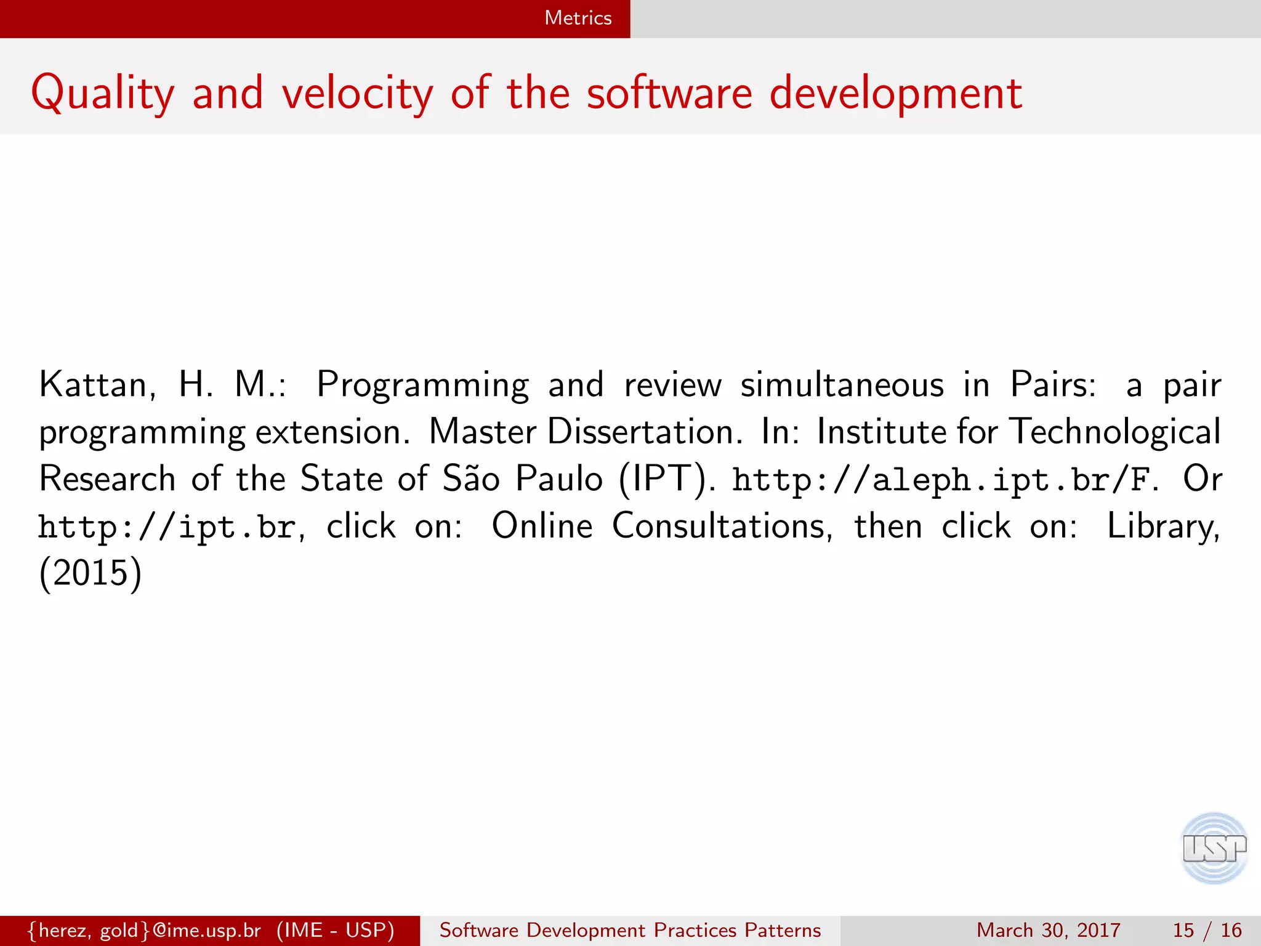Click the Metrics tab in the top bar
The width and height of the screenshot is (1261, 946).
pos(578,18)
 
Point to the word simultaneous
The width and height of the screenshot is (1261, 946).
pos(842,385)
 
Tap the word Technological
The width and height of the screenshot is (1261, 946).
pos(1116,432)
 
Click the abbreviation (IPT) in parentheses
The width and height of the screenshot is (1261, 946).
pos(666,479)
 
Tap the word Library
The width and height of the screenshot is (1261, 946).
pos(1162,526)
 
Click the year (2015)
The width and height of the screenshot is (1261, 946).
pos(91,573)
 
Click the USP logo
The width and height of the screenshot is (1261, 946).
pos(1214,848)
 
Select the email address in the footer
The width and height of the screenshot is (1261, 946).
pos(145,930)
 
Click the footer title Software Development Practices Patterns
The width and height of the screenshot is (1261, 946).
pos(630,930)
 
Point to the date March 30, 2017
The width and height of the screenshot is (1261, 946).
pos(1048,930)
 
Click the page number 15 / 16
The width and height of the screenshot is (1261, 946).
pos(1207,930)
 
